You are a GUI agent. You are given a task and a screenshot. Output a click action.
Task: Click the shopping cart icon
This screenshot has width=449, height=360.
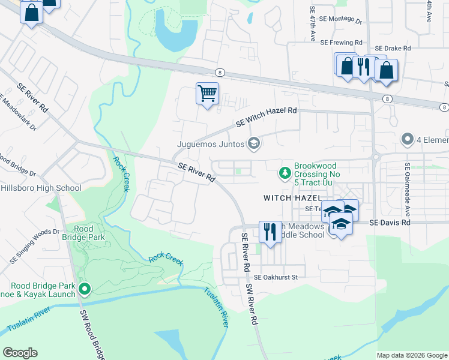[x=207, y=94]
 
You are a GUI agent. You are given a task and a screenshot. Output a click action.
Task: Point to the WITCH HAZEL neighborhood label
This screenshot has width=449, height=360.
[x=292, y=197]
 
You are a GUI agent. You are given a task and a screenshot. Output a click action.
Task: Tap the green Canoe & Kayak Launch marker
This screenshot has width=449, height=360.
[x=85, y=289]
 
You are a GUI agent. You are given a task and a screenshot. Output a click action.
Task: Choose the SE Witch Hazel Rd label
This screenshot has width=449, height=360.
[x=267, y=116]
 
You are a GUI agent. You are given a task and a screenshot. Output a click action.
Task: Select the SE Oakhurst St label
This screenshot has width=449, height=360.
[x=276, y=277]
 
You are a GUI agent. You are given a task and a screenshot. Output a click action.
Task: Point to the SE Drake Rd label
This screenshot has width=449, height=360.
[x=393, y=48]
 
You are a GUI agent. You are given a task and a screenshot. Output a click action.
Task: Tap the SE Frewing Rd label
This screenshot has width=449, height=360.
[x=342, y=43]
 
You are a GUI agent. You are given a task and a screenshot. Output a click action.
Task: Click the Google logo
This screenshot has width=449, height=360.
[x=20, y=353]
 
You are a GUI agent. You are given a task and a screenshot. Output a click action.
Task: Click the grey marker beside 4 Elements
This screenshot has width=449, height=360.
[x=408, y=140]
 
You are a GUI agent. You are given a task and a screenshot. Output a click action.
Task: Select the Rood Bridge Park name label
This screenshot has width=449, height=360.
[x=89, y=233]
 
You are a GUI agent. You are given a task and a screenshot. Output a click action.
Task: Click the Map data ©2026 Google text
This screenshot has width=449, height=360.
[x=412, y=355]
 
